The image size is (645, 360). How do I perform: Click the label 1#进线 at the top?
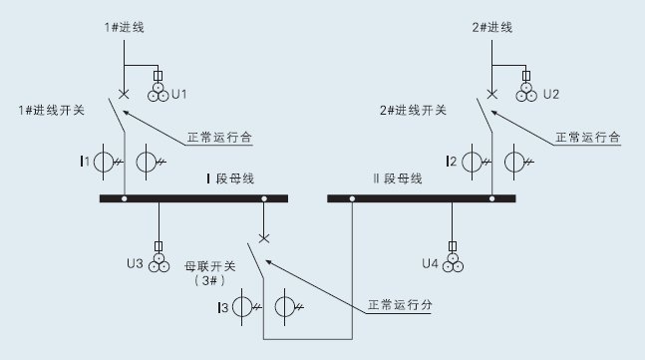(125, 27)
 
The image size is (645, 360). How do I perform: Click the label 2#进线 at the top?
(491, 27)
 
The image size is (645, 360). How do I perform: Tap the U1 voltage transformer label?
(180, 94)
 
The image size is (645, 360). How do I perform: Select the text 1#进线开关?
(50, 109)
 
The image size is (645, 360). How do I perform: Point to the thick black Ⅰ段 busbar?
(193, 199)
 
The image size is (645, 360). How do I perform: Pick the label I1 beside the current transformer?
(86, 161)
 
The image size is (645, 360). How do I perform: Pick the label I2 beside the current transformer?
(452, 161)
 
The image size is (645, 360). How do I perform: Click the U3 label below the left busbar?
(135, 264)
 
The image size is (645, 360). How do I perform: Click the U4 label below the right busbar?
(430, 264)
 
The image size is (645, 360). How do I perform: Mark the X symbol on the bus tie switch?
(264, 237)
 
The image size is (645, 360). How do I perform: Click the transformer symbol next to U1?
(158, 93)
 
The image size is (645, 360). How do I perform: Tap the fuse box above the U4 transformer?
(455, 245)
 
